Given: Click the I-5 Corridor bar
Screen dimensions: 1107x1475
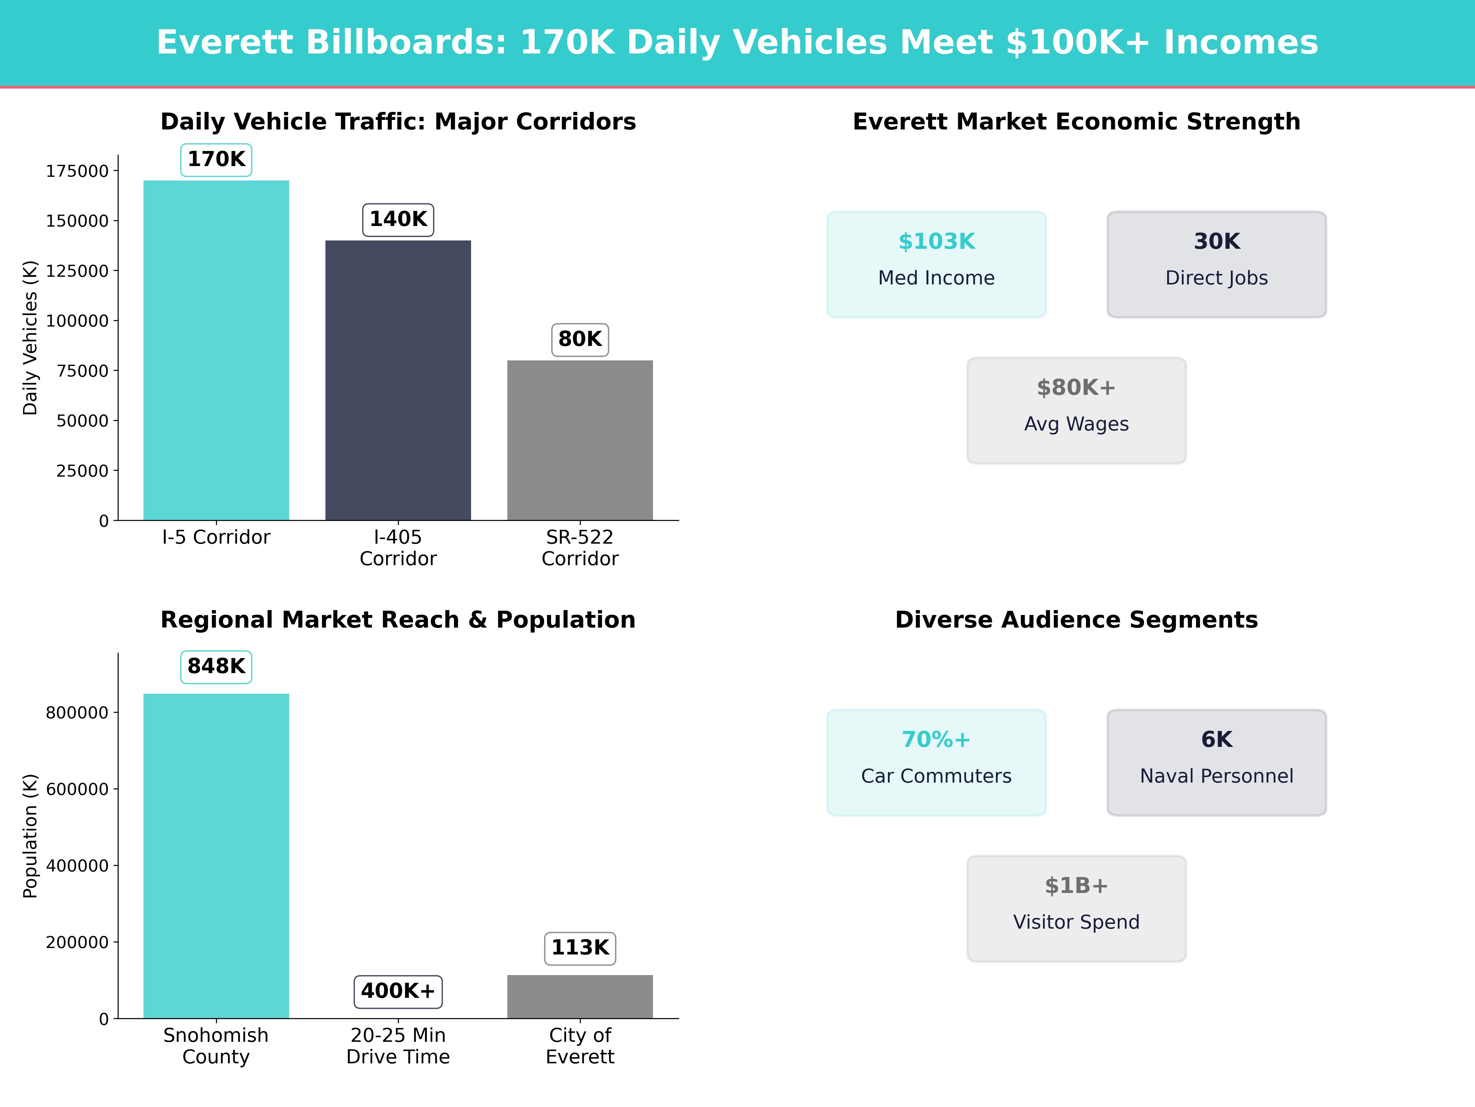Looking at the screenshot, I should click(216, 350).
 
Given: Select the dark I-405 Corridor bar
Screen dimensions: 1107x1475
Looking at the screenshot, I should click(398, 380).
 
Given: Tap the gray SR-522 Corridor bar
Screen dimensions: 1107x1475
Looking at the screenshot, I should click(580, 440).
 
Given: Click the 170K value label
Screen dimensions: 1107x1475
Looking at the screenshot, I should click(216, 160).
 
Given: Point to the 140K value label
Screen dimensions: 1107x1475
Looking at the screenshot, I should click(398, 220).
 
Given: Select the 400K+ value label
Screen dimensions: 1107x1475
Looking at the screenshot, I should click(398, 991).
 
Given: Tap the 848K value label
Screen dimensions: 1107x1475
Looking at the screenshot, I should click(216, 667).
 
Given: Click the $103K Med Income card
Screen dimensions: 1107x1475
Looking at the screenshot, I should click(936, 264).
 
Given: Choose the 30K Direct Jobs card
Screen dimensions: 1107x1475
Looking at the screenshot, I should click(1216, 264).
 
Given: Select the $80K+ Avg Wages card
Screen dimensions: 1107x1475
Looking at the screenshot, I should click(1076, 411).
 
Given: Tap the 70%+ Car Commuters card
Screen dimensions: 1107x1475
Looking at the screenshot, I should click(936, 762).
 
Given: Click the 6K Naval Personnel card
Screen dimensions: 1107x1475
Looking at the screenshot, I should click(1216, 762).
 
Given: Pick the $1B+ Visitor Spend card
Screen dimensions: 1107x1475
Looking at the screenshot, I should click(1076, 908).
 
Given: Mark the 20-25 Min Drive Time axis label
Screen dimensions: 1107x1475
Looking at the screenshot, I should click(398, 1045).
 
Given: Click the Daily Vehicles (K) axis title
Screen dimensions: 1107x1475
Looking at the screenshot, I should click(30, 338).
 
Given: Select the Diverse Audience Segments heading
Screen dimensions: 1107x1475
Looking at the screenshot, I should click(1076, 620).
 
